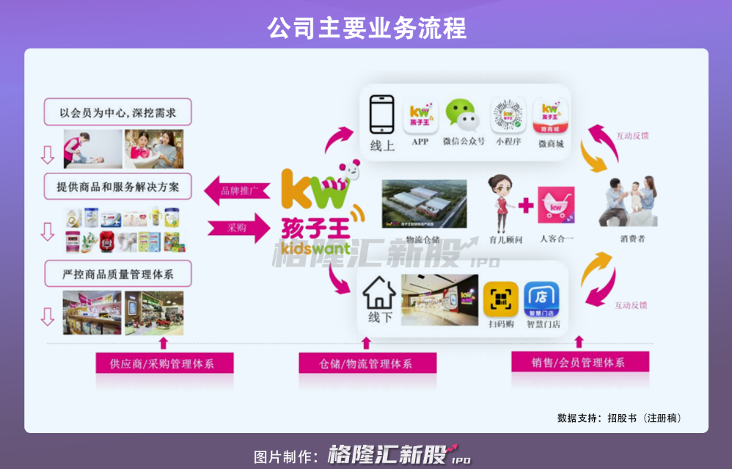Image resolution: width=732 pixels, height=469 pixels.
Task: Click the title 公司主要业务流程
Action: pyautogui.click(x=366, y=28)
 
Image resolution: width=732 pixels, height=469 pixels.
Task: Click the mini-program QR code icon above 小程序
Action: pyautogui.click(x=509, y=115)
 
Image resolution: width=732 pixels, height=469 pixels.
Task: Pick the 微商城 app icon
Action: pyautogui.click(x=551, y=115)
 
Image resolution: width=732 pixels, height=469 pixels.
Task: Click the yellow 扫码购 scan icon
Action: pyautogui.click(x=501, y=299)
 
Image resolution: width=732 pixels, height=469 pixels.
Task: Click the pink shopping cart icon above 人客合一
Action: pyautogui.click(x=556, y=206)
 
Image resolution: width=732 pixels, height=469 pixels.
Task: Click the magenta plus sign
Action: pyautogui.click(x=526, y=206)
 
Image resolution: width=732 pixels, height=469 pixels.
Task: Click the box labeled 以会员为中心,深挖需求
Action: pyautogui.click(x=118, y=113)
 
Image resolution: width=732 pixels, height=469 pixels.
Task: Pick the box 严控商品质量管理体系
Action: pyautogui.click(x=118, y=275)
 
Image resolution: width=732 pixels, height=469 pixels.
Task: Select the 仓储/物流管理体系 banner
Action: pyautogui.click(x=367, y=363)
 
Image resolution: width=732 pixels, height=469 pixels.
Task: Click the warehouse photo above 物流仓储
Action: pyautogui.click(x=423, y=203)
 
